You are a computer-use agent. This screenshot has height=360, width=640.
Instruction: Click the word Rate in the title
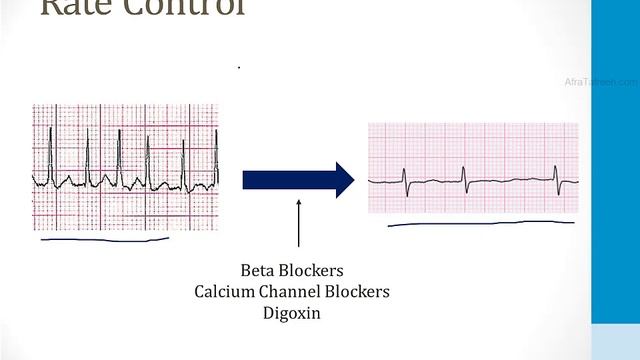(76, 8)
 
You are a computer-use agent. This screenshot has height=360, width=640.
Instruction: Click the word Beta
(259, 271)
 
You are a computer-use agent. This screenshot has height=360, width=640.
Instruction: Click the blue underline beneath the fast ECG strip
(105, 240)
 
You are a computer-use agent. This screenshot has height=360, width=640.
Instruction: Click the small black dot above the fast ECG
(239, 68)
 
